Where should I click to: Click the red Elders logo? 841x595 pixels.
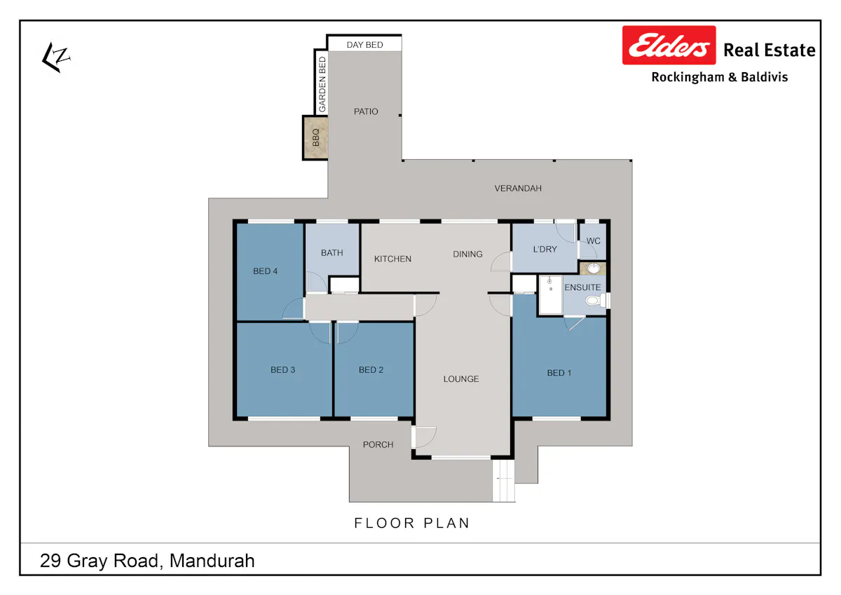pyautogui.click(x=669, y=45)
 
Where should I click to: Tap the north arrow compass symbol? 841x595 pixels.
pyautogui.click(x=55, y=57)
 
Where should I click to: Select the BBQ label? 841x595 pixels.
pyautogui.click(x=316, y=137)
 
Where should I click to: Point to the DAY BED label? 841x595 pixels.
pyautogui.click(x=364, y=45)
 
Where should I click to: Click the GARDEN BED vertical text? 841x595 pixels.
pyautogui.click(x=322, y=85)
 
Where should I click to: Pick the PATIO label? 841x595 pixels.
pyautogui.click(x=366, y=111)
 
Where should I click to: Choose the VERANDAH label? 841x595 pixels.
pyautogui.click(x=518, y=189)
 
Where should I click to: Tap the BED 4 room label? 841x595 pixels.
pyautogui.click(x=265, y=271)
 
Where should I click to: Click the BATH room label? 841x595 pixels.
pyautogui.click(x=332, y=252)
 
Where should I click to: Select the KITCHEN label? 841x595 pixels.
pyautogui.click(x=392, y=259)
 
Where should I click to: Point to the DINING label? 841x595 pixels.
pyautogui.click(x=467, y=254)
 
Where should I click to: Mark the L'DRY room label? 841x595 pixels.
pyautogui.click(x=545, y=249)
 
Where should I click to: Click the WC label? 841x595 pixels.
pyautogui.click(x=593, y=241)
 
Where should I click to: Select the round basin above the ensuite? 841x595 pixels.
pyautogui.click(x=593, y=268)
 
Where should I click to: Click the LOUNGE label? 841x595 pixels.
pyautogui.click(x=461, y=378)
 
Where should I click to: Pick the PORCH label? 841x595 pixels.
pyautogui.click(x=378, y=444)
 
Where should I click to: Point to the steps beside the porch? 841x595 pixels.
pyautogui.click(x=503, y=481)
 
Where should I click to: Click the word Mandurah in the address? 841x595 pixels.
pyautogui.click(x=212, y=561)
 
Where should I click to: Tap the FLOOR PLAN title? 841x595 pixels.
pyautogui.click(x=412, y=523)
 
